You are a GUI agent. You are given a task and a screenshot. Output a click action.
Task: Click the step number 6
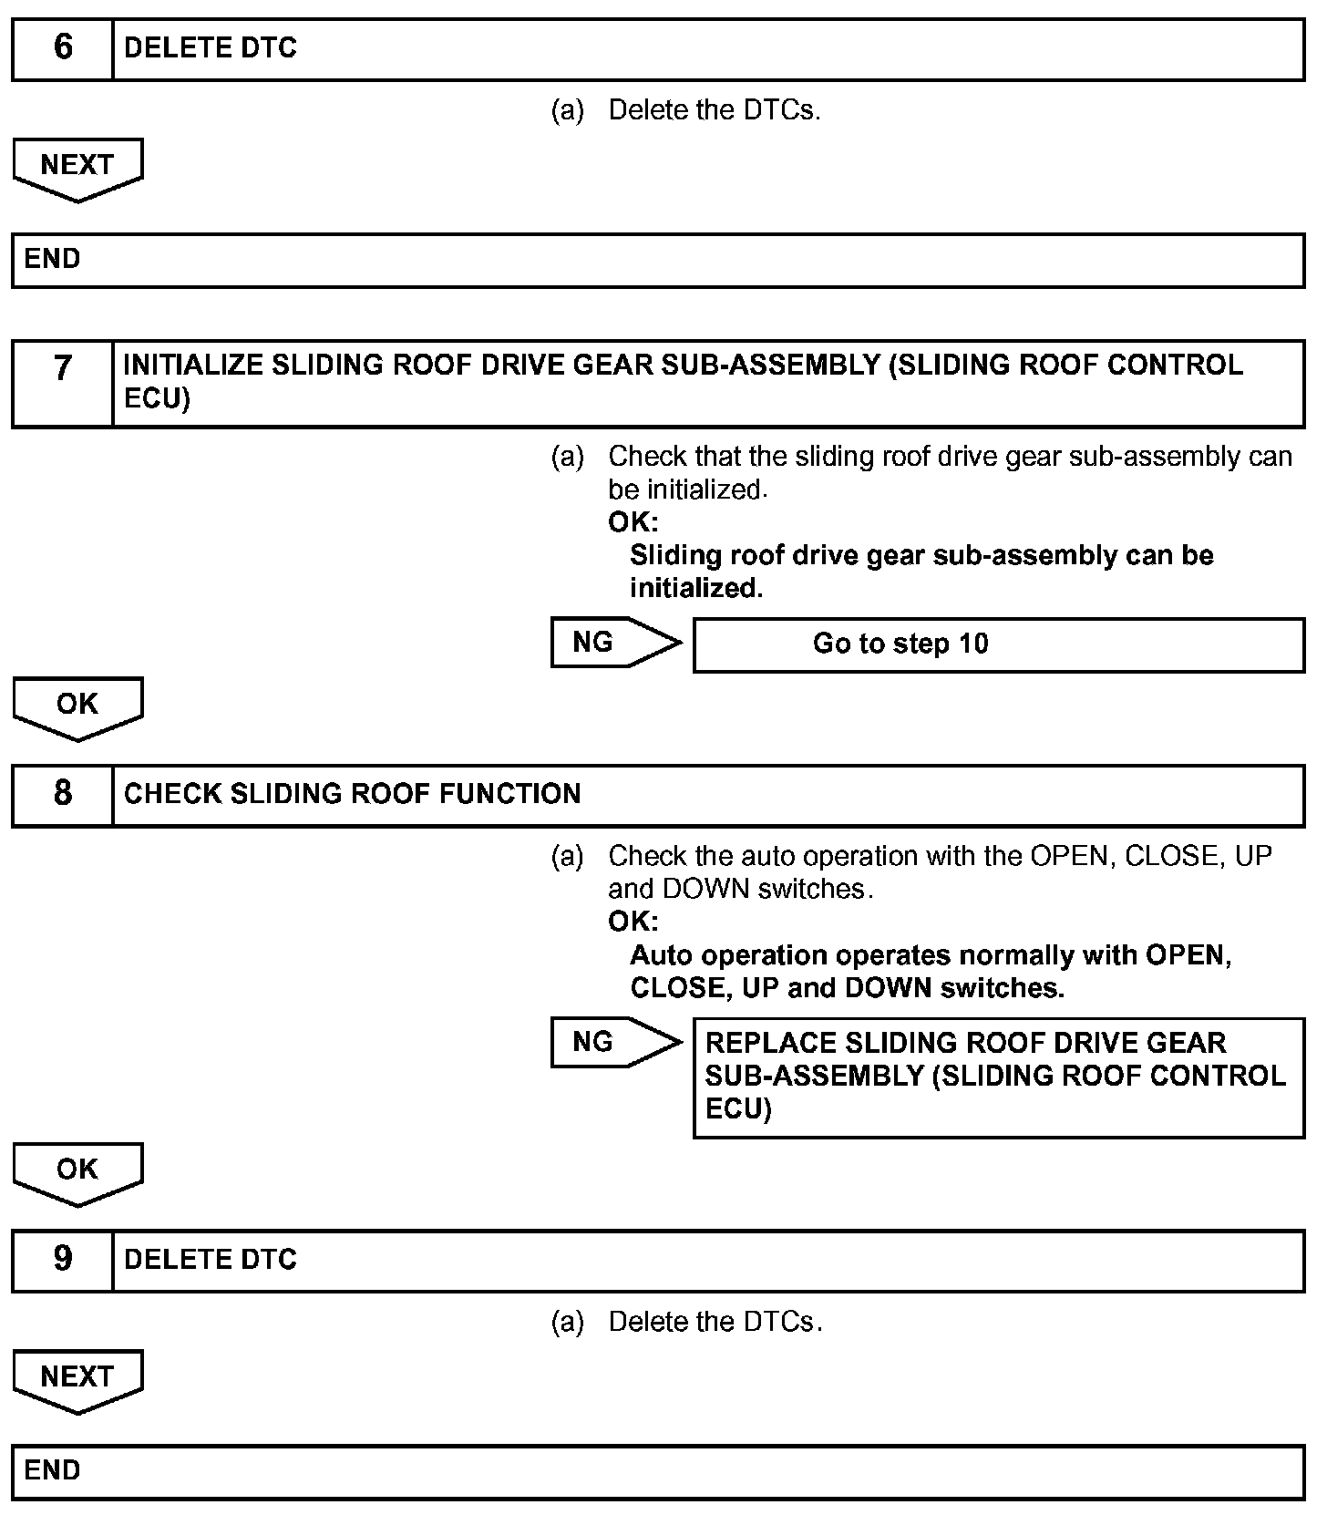coord(63,48)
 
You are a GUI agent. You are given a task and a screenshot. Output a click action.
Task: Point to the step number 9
coord(63,1259)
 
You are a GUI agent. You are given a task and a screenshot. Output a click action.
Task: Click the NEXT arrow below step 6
coord(77,168)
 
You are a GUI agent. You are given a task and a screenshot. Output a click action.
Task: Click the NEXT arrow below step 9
coord(77,1379)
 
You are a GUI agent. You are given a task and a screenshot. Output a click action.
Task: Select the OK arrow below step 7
coord(77,706)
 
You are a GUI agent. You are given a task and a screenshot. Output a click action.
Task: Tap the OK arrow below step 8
coord(77,1172)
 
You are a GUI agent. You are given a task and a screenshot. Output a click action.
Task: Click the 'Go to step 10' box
coord(998,644)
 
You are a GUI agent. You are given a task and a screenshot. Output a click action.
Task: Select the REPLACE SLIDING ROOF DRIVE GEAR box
coord(998,1077)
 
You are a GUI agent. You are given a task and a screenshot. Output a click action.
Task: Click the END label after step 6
coord(53,260)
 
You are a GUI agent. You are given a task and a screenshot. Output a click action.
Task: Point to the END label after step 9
coord(53,1470)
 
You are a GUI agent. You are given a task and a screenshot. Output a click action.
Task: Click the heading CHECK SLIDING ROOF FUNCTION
coord(352,794)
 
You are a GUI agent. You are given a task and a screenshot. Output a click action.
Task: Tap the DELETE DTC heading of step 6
coord(211,48)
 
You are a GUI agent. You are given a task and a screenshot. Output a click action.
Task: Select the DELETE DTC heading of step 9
coord(211,1260)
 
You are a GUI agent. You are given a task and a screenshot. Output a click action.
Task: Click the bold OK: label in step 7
coord(633,522)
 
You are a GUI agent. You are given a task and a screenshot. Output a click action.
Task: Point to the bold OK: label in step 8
coord(633,922)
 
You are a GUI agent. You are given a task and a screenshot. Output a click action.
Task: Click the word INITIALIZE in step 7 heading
coord(193,366)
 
